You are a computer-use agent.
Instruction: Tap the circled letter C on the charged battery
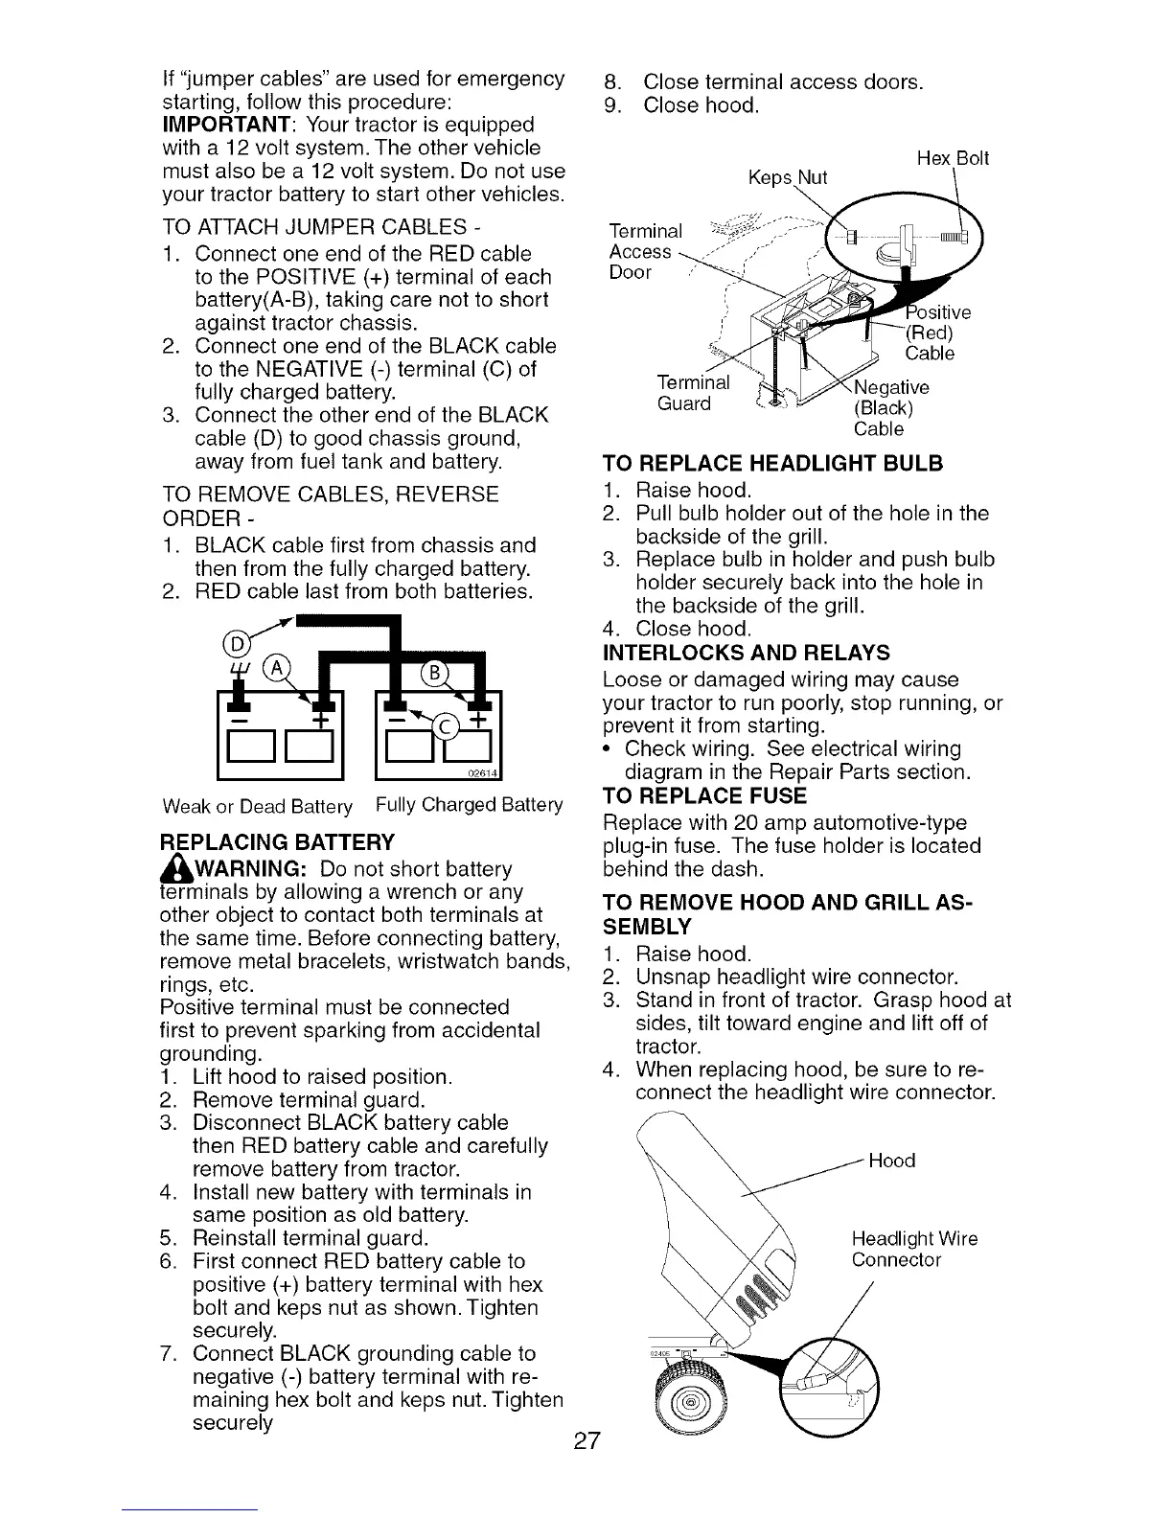point(447,725)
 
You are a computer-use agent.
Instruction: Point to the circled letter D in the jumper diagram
point(232,643)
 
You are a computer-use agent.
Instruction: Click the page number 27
point(586,1440)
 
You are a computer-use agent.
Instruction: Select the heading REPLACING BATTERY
point(277,842)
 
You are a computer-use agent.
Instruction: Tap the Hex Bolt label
point(953,158)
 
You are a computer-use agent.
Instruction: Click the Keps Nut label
point(786,177)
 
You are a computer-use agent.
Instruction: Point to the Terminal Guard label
point(694,393)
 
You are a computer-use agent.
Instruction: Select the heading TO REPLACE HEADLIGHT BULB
point(772,464)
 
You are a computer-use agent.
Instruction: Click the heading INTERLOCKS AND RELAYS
point(747,653)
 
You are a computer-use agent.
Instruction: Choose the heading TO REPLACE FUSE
point(704,796)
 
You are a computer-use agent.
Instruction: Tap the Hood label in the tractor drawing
point(891,1161)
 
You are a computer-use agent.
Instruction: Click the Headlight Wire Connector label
point(914,1249)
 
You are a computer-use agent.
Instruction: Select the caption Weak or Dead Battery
point(257,805)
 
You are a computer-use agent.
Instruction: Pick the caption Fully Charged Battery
point(469,804)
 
